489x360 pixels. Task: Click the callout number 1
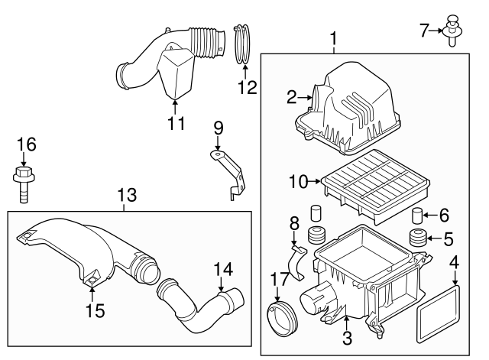click(333, 37)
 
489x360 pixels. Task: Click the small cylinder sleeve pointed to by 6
click(418, 214)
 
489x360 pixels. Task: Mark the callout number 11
click(176, 124)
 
